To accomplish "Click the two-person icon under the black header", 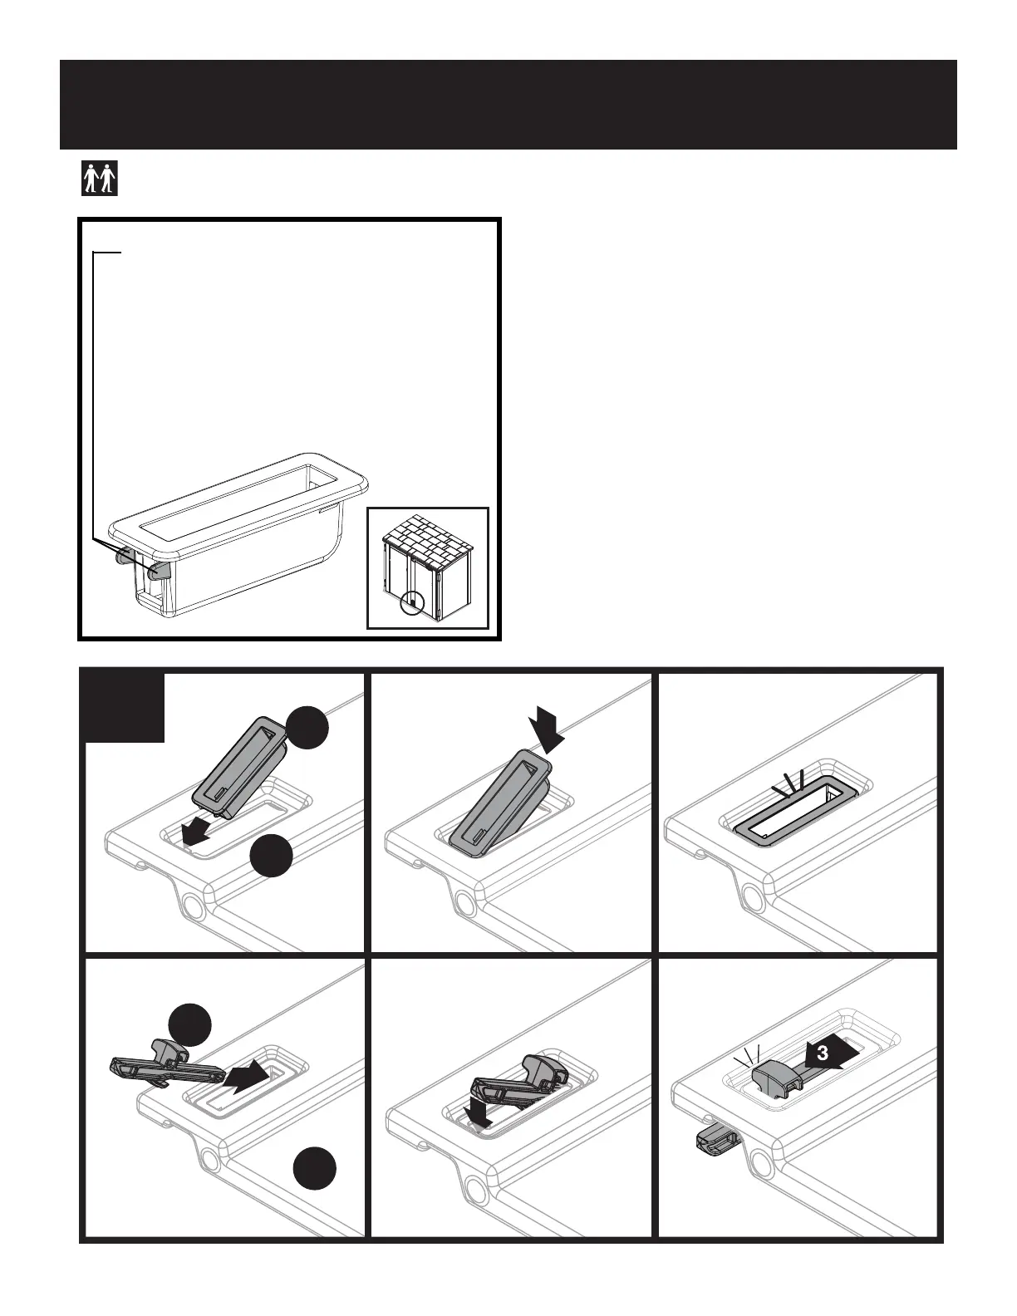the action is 100,179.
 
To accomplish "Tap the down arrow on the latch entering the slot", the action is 480,1112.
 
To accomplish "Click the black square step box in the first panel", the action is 125,708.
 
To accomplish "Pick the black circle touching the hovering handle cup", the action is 307,728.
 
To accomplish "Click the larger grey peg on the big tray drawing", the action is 160,571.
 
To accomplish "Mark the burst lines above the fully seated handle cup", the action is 790,781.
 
